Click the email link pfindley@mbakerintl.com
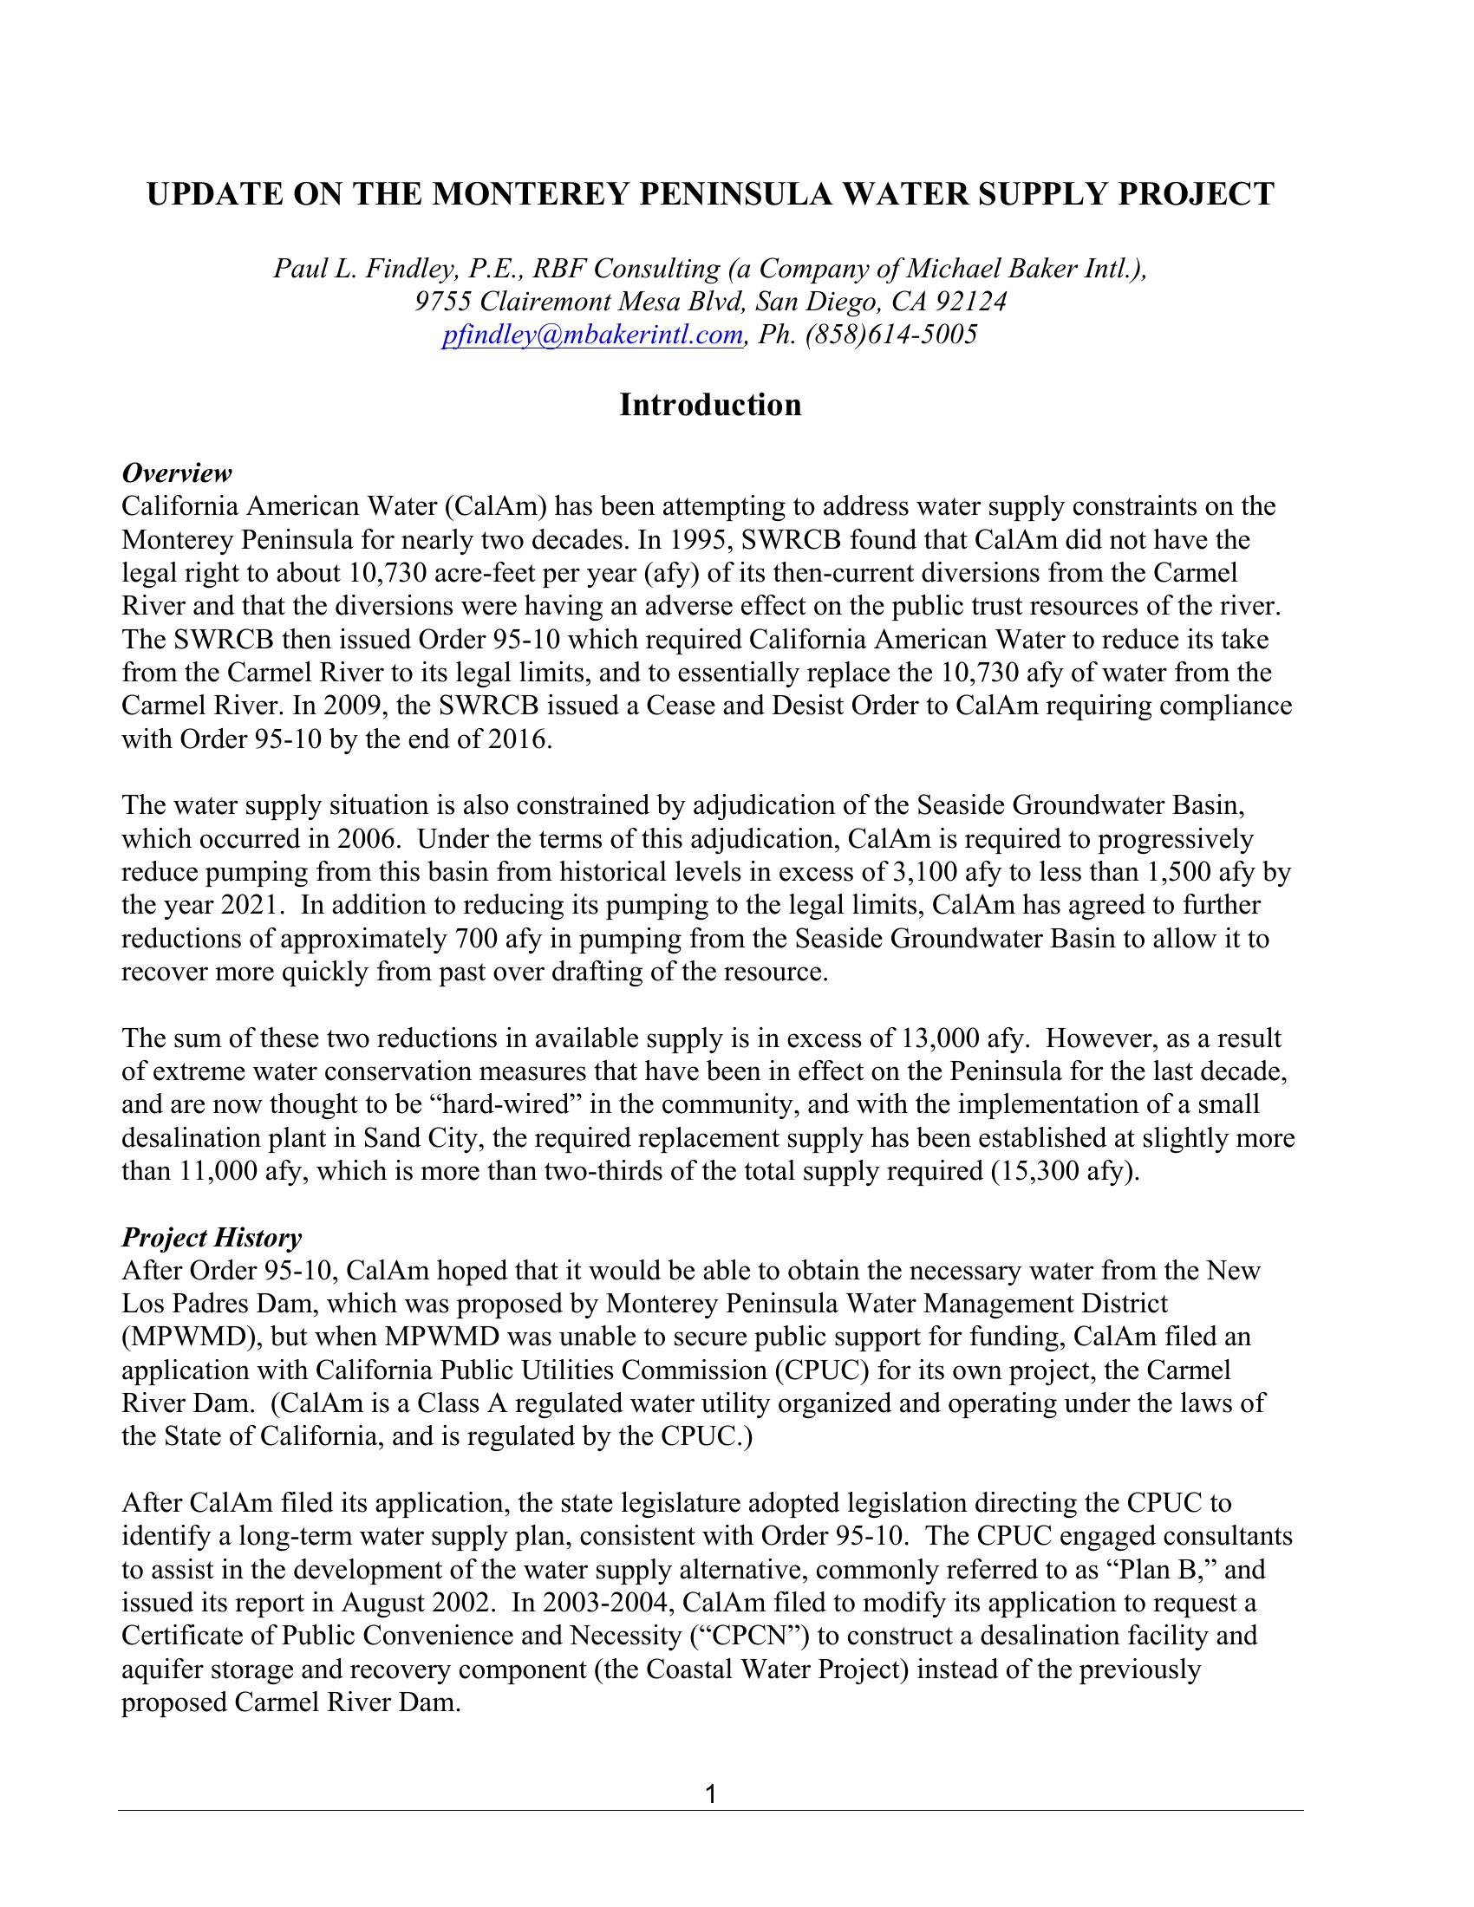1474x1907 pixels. click(592, 335)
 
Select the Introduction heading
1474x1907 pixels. click(710, 405)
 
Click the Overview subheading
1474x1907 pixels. click(176, 473)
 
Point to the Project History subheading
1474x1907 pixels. click(212, 1237)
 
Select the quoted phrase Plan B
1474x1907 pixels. click(1162, 1569)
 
